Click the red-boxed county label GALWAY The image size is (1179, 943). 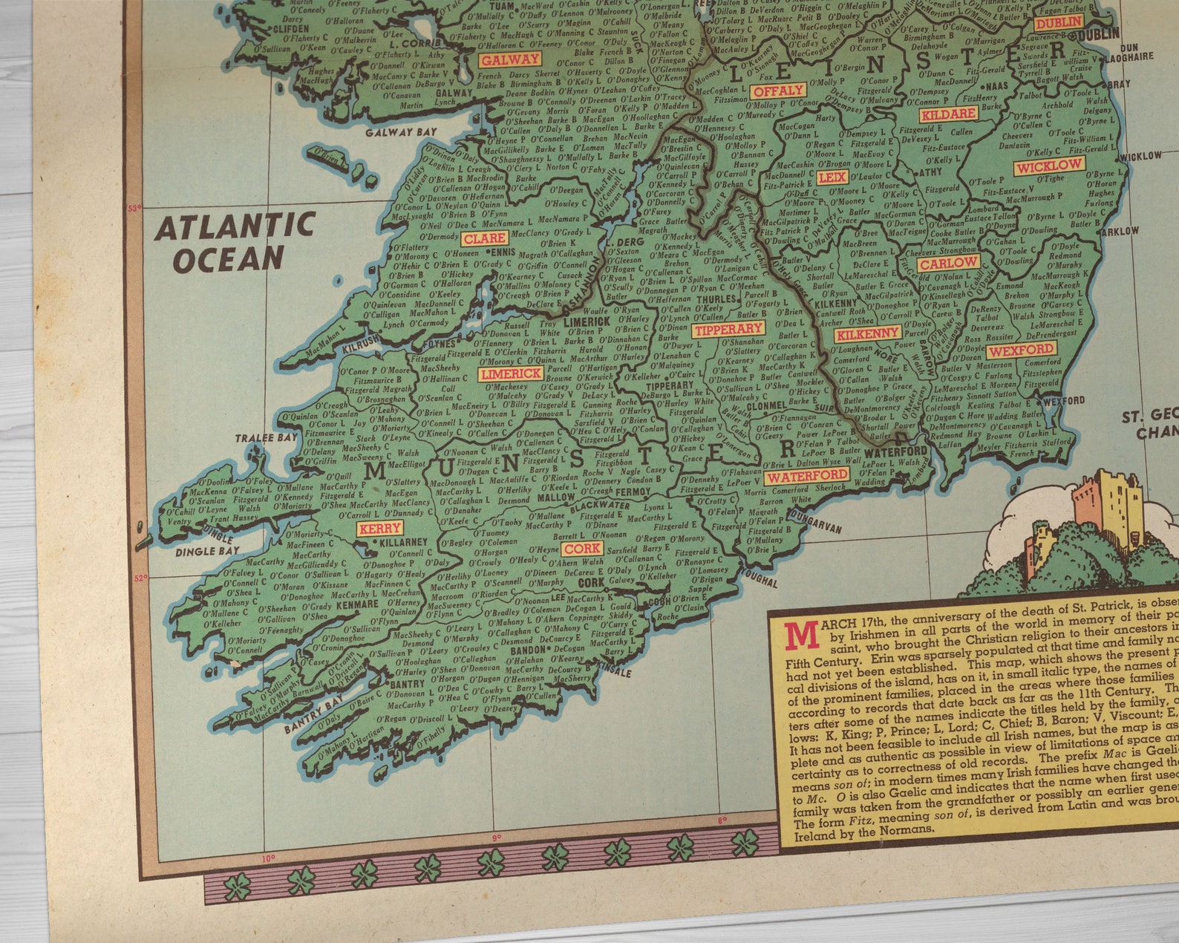click(509, 59)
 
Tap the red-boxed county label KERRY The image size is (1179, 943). click(379, 529)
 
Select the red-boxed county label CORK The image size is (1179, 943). click(581, 549)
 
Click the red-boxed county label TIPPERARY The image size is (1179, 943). click(728, 329)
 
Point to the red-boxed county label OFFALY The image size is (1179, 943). click(778, 91)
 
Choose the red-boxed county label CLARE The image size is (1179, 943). click(484, 238)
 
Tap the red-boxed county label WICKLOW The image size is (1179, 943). click(1049, 166)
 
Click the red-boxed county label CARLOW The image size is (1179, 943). click(948, 263)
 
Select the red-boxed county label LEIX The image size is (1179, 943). click(832, 177)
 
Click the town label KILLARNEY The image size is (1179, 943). click(403, 542)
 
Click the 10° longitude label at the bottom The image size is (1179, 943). click(268, 858)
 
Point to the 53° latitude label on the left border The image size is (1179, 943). click(134, 209)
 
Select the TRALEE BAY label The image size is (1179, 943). click(267, 438)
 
